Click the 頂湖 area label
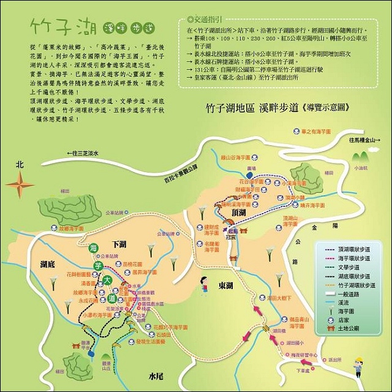tap(239, 213)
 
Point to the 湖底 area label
tap(48, 265)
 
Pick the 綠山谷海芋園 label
tap(239, 156)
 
